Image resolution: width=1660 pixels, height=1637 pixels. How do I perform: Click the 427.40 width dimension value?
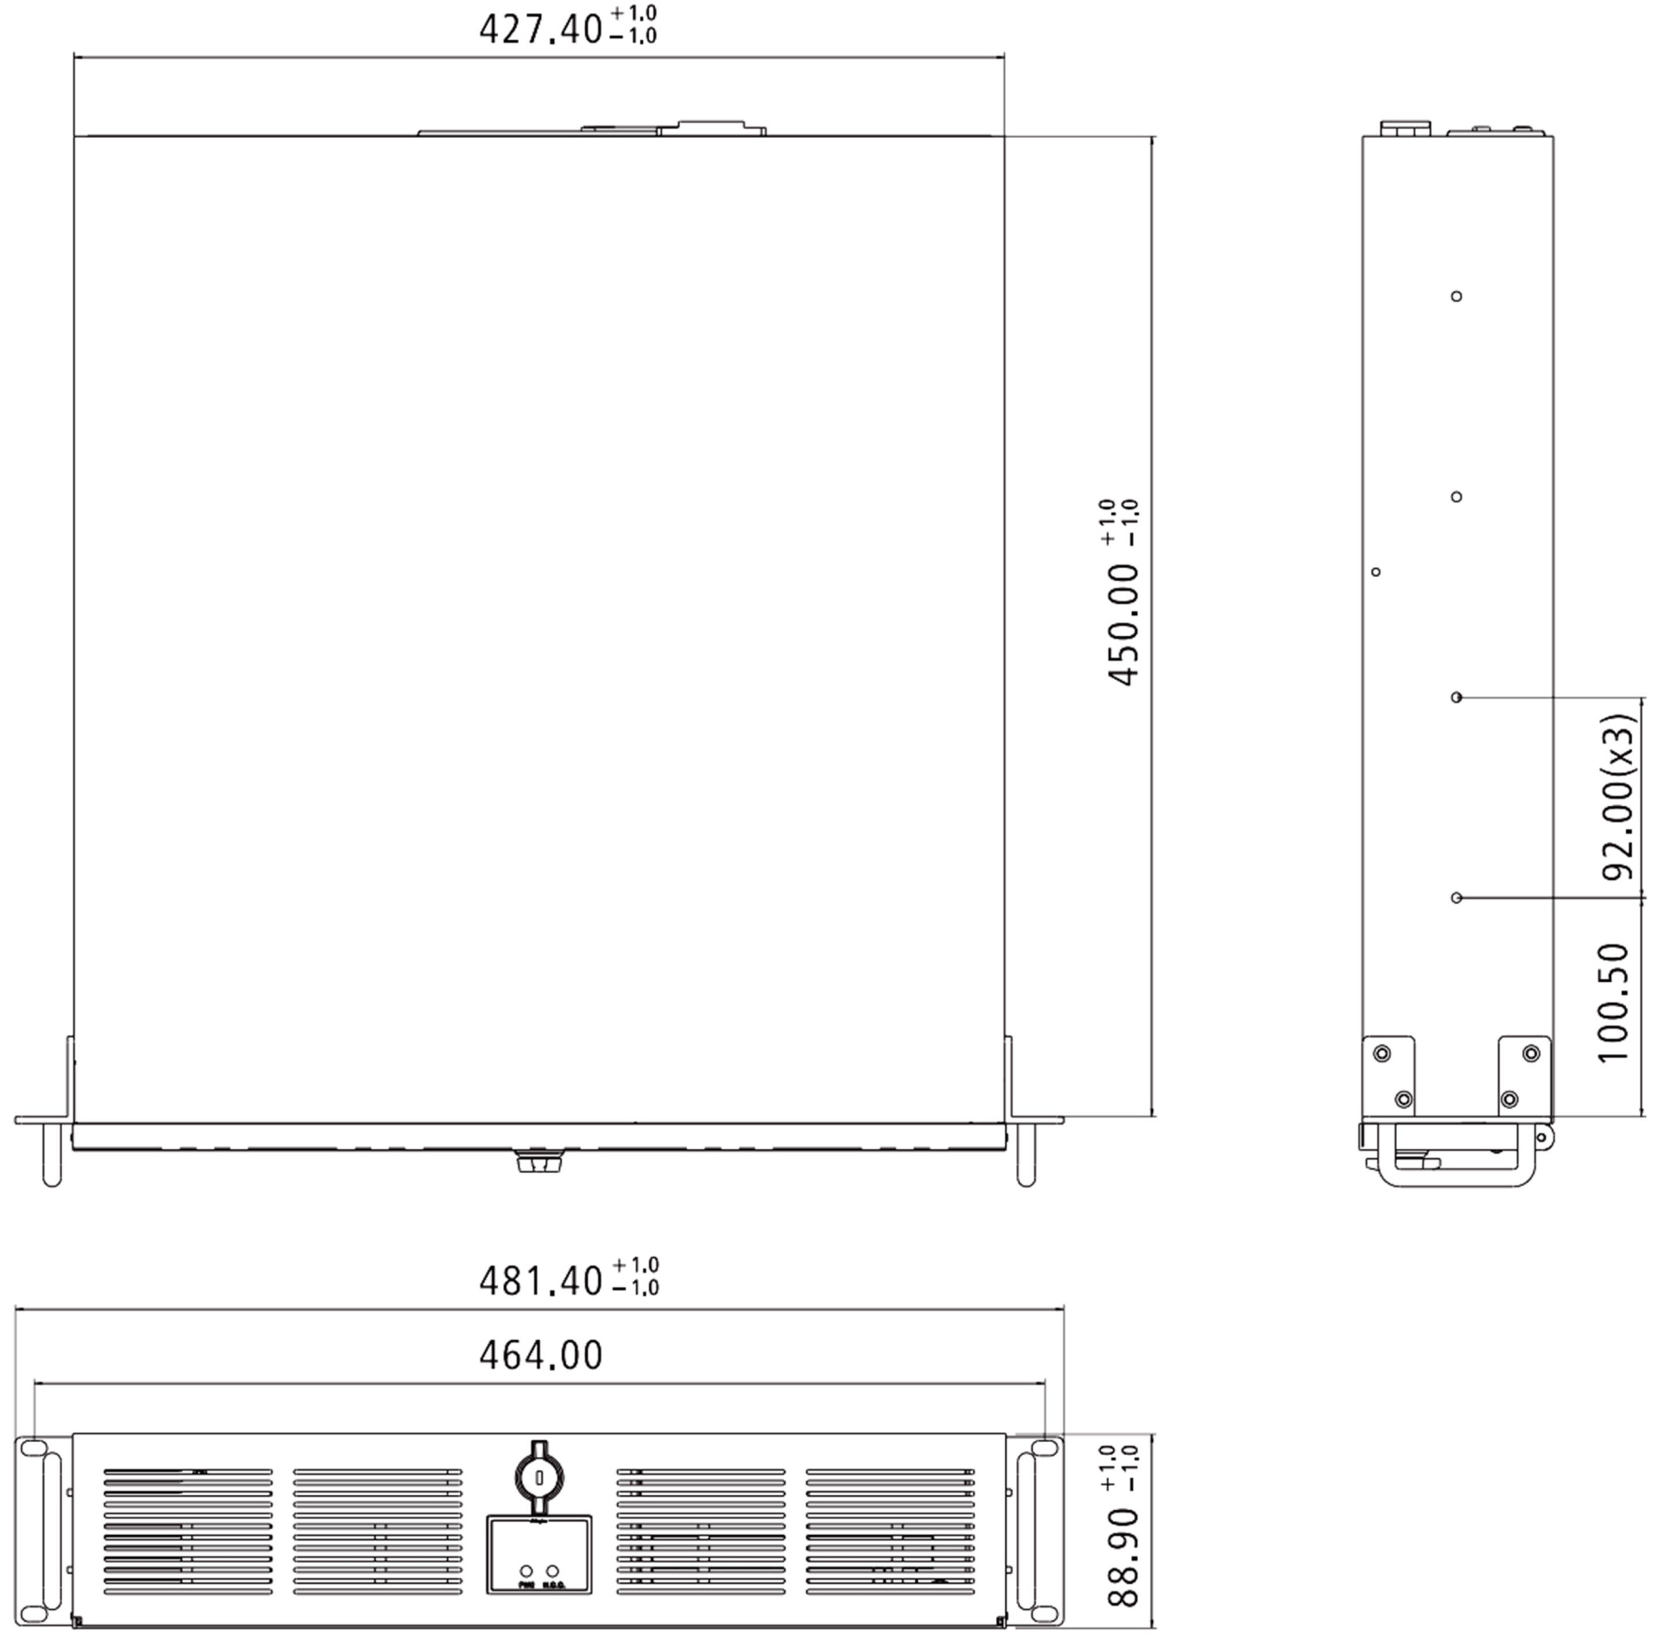tap(540, 29)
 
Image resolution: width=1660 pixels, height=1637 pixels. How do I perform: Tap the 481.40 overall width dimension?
tap(540, 1280)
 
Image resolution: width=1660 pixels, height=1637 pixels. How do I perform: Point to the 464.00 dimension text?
tap(540, 1355)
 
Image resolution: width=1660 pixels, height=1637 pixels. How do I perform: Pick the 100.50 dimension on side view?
tap(1614, 1003)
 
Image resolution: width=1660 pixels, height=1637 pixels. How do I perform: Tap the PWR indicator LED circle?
tap(526, 1571)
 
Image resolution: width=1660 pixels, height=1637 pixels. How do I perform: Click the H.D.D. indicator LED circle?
tap(553, 1571)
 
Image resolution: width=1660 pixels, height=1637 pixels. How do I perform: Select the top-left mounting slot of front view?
tap(32, 1449)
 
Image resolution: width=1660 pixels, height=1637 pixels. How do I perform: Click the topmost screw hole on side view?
tap(1457, 296)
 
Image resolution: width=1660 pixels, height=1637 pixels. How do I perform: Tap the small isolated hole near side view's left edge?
tap(1375, 571)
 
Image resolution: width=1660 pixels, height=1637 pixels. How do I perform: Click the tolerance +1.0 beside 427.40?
tap(634, 13)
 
